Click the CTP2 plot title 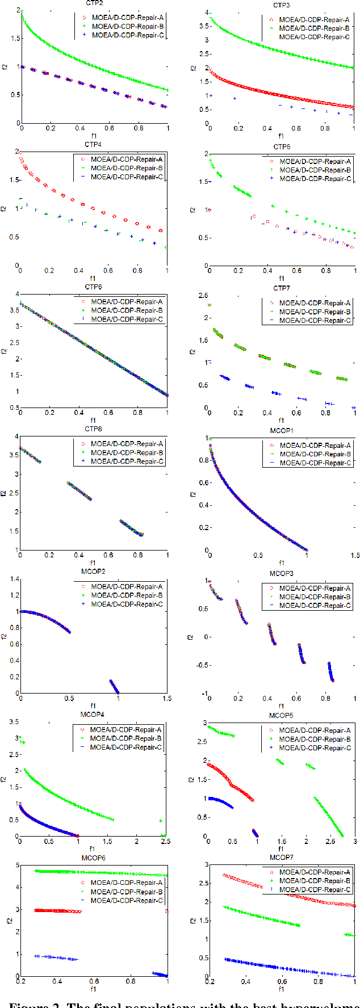[94, 3]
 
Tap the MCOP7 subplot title [281, 857]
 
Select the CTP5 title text [282, 146]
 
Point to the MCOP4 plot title [93, 715]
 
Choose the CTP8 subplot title [93, 429]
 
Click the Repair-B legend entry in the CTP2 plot [128, 26]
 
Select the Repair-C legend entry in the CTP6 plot [127, 320]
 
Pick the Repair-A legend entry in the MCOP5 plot [315, 730]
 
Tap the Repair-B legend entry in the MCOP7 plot [315, 881]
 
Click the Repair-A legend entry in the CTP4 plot [127, 159]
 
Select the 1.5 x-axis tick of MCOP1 [355, 556]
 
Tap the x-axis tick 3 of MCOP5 [355, 841]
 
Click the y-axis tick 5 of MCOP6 [18, 866]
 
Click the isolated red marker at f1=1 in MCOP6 [167, 912]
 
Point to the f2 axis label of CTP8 [4, 493]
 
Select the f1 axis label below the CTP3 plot [281, 136]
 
